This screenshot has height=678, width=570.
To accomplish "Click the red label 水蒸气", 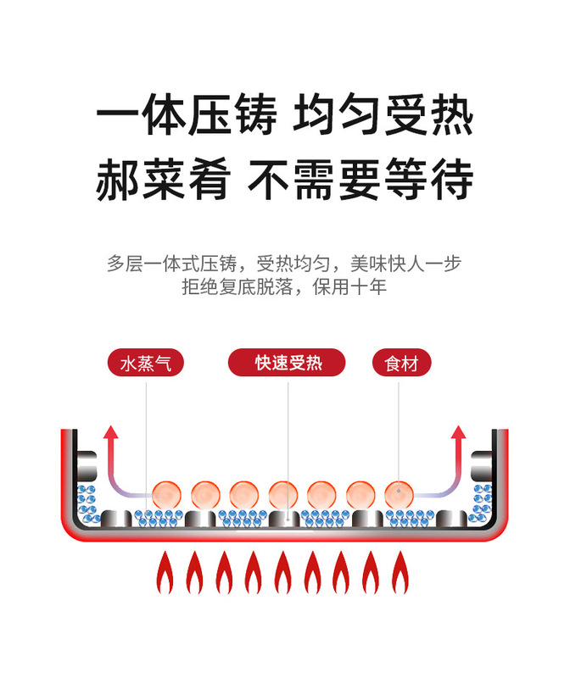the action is pos(146,364).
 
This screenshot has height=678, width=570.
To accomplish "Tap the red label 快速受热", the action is pos(288,364).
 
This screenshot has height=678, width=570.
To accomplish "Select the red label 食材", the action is pos(402,364).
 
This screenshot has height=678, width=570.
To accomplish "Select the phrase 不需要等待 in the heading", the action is pos(360,180).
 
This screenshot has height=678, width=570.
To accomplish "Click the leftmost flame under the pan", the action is pos(165,572).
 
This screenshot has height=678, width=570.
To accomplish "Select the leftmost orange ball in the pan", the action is pos(166,493).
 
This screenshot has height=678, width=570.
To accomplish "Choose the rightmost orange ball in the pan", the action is pos(399,493).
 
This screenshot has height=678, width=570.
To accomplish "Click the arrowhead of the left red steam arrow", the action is pos(110,433).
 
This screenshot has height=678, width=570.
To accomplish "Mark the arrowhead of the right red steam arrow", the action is pos(459,433).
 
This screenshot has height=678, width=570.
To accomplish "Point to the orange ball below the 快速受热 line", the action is pos(283,493).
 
